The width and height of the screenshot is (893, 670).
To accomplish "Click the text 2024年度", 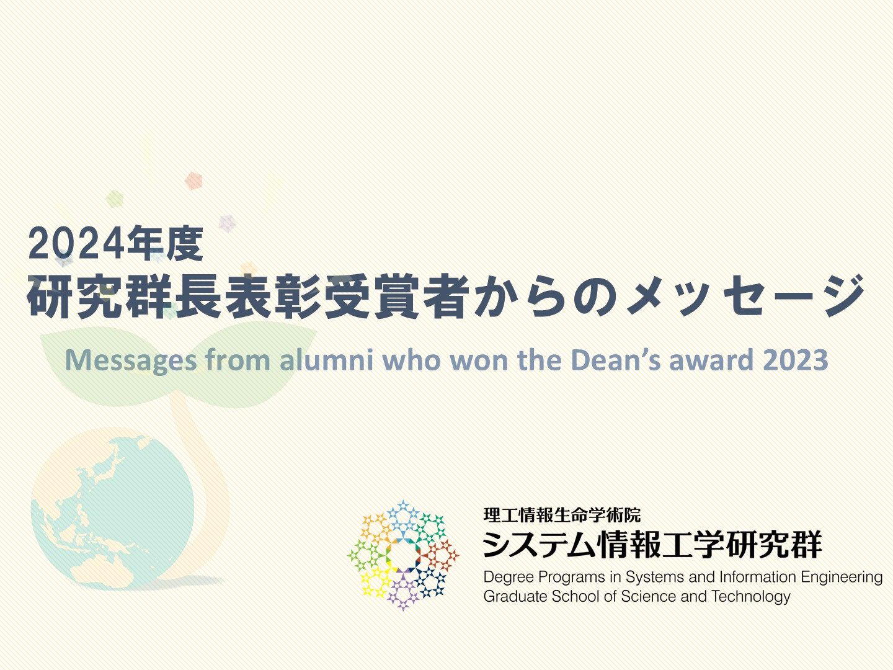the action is tap(115, 243).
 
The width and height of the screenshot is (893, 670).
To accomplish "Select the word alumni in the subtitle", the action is tap(327, 360).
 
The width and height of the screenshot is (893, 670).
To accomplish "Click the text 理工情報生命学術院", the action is tap(562, 515).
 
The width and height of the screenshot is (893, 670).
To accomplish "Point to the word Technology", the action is tap(751, 597).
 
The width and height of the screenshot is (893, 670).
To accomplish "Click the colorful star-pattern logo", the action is tap(403, 555).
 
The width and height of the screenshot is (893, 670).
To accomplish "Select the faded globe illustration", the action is tap(113, 509).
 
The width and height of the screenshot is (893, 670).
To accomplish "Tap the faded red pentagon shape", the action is tap(193, 181).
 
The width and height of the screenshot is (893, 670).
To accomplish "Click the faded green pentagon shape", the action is tap(115, 199).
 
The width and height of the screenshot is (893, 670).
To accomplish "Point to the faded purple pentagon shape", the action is tap(227, 223).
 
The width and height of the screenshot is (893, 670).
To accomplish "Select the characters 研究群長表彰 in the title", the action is tap(174, 295).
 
